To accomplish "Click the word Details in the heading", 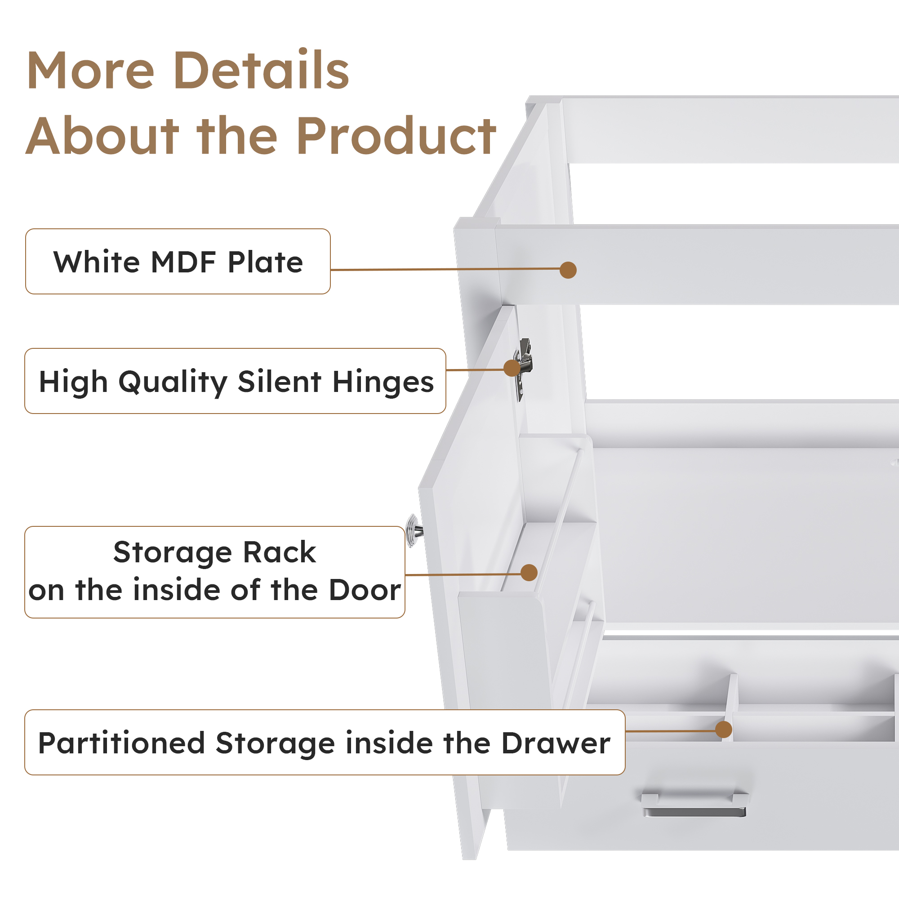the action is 261,70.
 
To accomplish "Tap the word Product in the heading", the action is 396,136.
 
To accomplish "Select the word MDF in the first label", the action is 183,262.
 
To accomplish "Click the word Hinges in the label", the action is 383,383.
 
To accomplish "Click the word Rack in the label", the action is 279,553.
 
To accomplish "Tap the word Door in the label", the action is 365,591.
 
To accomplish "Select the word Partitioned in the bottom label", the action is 121,743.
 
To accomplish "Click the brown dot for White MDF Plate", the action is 568,270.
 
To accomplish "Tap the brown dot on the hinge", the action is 512,368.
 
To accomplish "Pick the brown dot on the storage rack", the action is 529,573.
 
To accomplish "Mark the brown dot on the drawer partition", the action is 724,730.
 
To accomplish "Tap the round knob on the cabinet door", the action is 414,530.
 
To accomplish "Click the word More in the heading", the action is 90,71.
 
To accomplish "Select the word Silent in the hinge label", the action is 280,382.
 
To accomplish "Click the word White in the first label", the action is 96,262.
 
